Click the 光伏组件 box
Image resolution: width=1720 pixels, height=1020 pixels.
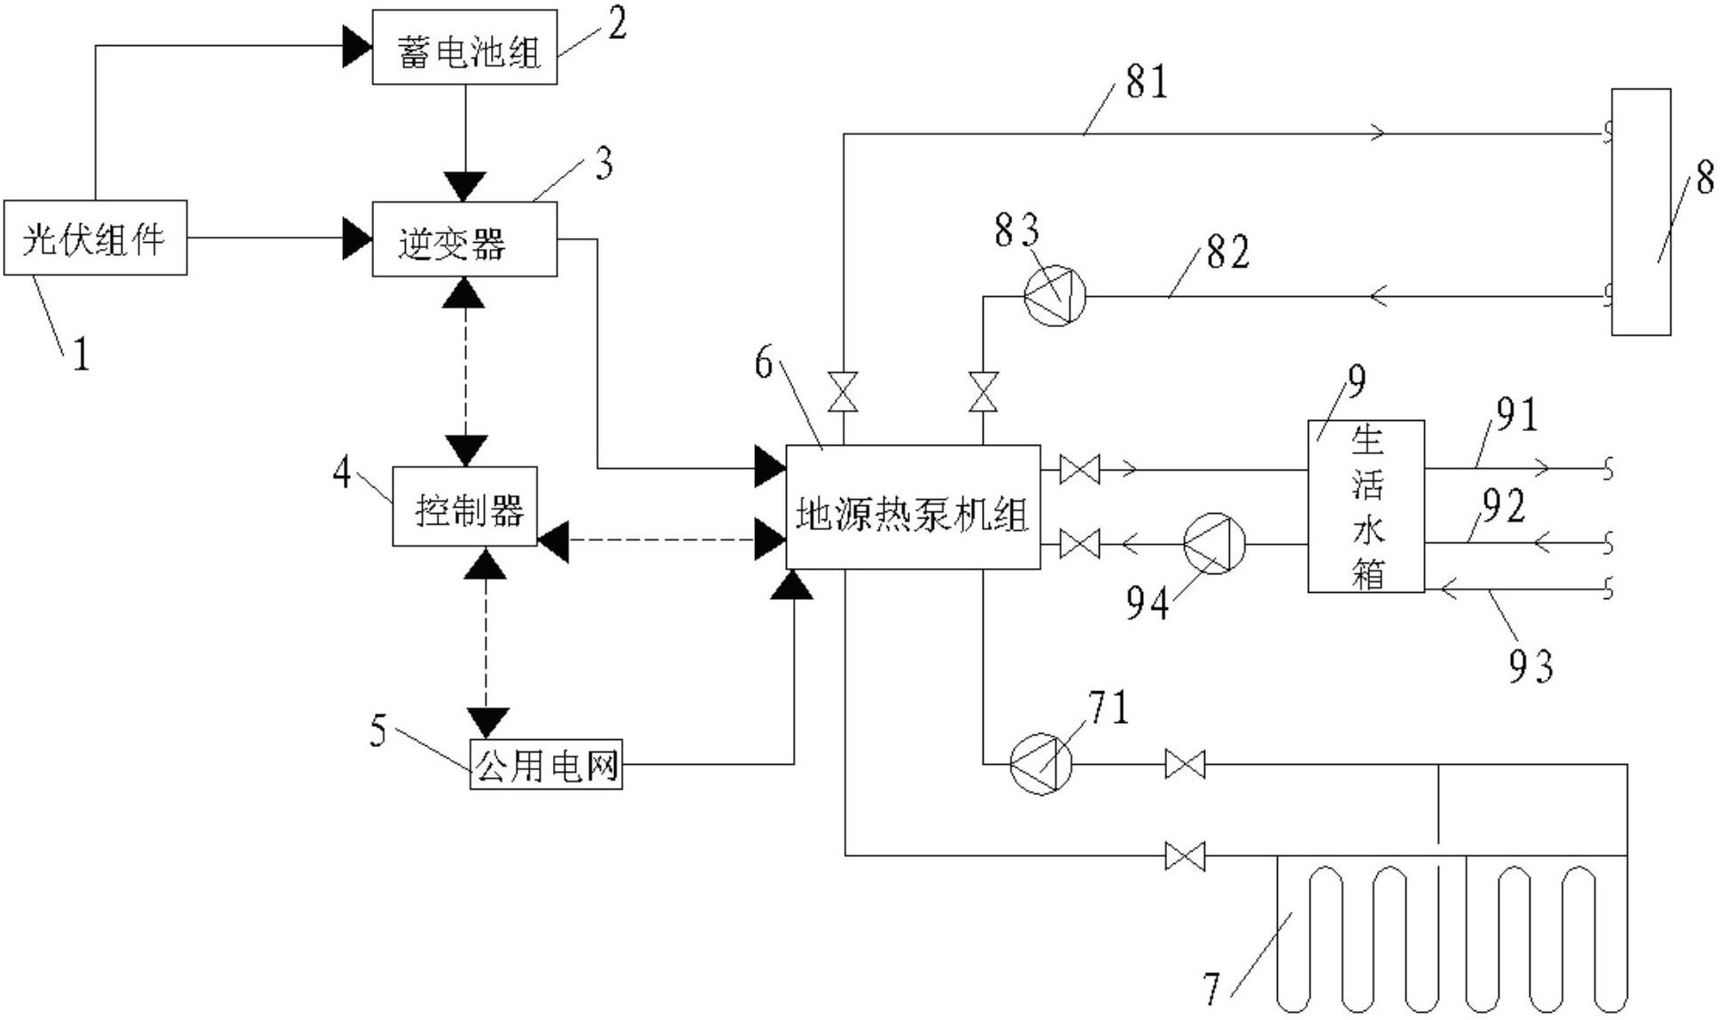(95, 237)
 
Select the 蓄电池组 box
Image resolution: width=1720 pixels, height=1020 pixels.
(464, 48)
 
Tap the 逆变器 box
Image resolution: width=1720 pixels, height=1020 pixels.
(464, 239)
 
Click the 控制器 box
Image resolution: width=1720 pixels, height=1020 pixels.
(465, 507)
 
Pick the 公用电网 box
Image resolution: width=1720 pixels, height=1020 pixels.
(546, 765)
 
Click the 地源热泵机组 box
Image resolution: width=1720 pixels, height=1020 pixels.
(913, 508)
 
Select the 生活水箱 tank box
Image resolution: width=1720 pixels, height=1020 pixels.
(1366, 506)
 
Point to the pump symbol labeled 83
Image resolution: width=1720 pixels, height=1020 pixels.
(1054, 296)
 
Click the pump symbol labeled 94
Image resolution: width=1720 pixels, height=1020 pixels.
(1214, 543)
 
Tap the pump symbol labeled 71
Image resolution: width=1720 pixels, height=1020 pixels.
(1041, 764)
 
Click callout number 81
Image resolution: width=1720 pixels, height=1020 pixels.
(1147, 82)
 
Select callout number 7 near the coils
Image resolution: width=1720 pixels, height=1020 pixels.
(1212, 989)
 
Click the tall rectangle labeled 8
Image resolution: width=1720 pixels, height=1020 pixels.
(1640, 212)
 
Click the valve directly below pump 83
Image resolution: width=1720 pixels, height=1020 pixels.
(983, 392)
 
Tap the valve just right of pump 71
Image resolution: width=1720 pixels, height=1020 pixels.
(1185, 764)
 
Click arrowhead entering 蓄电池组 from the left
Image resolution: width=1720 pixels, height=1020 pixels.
(356, 47)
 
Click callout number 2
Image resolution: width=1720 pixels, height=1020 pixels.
(617, 23)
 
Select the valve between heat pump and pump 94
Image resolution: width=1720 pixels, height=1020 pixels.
(1079, 543)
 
